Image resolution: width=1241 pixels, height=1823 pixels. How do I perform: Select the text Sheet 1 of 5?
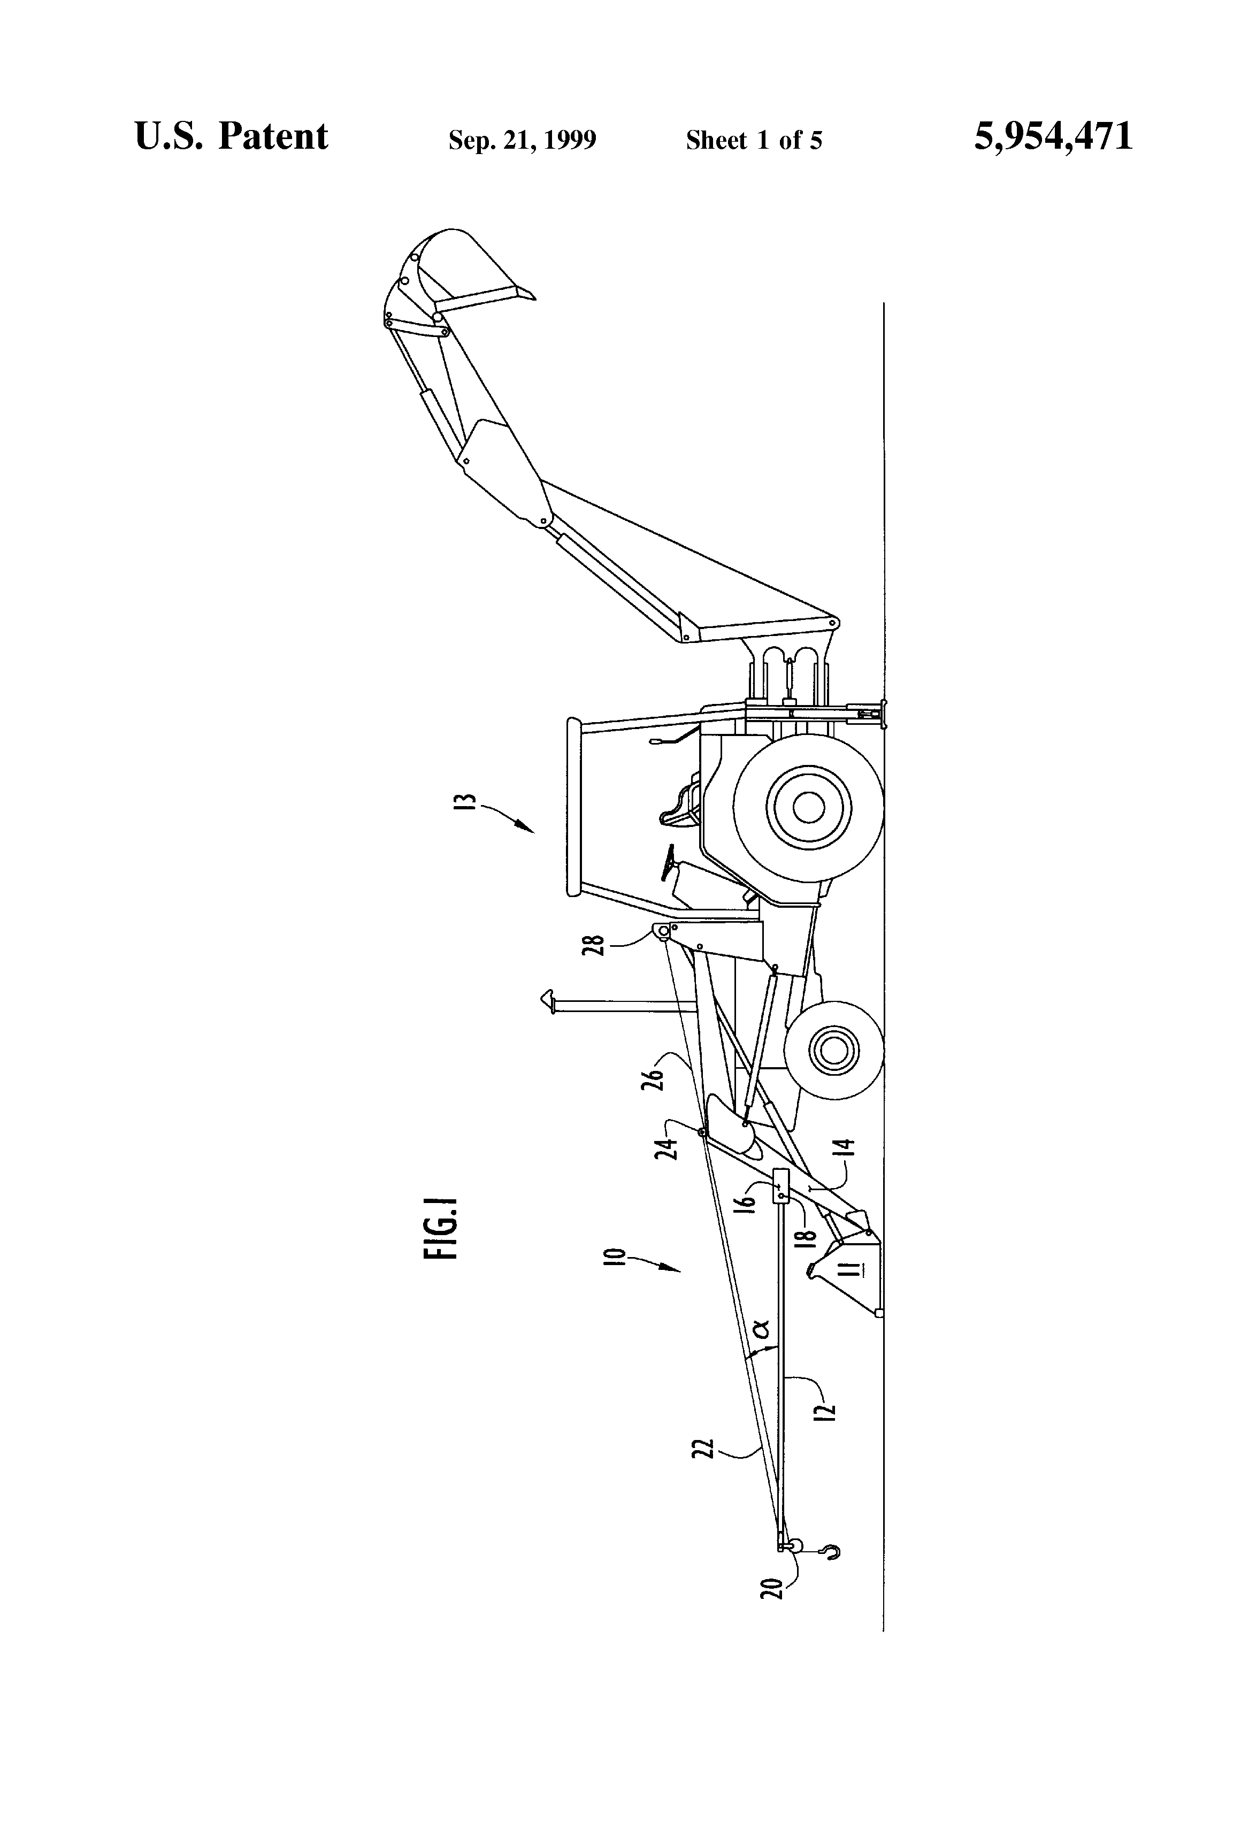click(753, 140)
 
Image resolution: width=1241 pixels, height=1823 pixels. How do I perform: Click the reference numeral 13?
click(468, 806)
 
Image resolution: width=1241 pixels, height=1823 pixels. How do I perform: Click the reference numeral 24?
click(668, 1147)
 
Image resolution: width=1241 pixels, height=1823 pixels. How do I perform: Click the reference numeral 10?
click(617, 1257)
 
